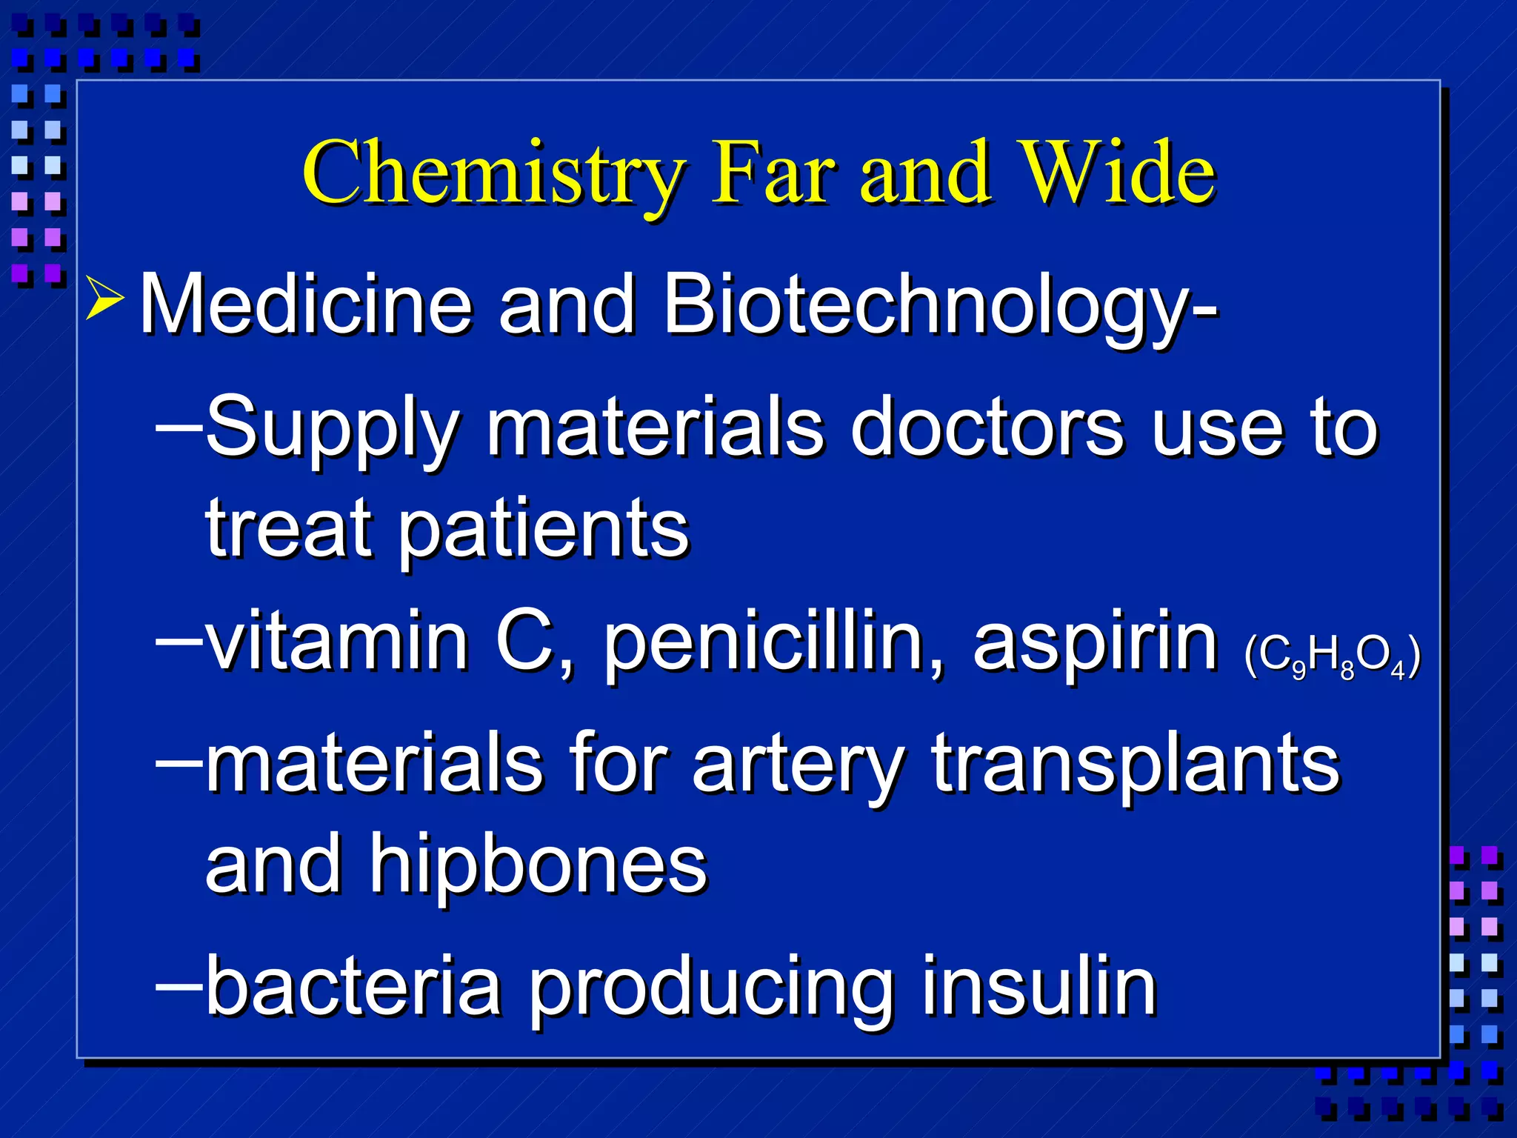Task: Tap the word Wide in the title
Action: [x=1117, y=173]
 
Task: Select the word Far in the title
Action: [x=773, y=173]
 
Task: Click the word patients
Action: [x=544, y=530]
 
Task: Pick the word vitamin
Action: [x=337, y=641]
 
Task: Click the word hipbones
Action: [x=539, y=865]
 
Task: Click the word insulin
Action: [x=1039, y=986]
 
